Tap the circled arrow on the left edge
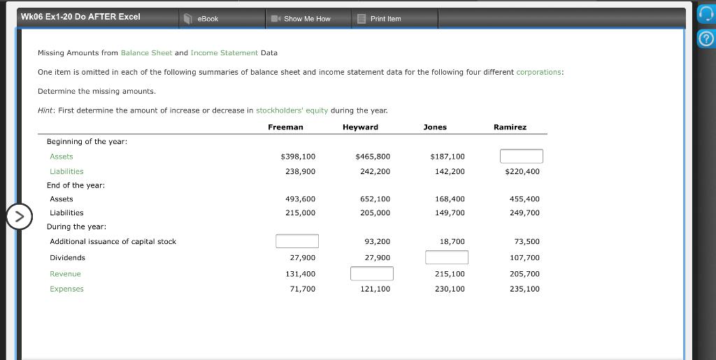[19, 216]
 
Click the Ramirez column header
[510, 127]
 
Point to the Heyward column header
[360, 127]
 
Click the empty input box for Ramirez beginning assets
[521, 156]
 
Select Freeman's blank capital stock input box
[296, 241]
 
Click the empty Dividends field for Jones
[446, 257]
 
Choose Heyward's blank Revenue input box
[371, 273]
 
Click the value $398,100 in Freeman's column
[298, 157]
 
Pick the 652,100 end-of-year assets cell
[375, 199]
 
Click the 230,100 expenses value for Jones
[450, 289]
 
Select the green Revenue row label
[65, 274]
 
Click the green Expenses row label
[66, 289]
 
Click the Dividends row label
[67, 258]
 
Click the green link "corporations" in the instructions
[539, 72]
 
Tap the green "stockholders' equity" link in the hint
[292, 110]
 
